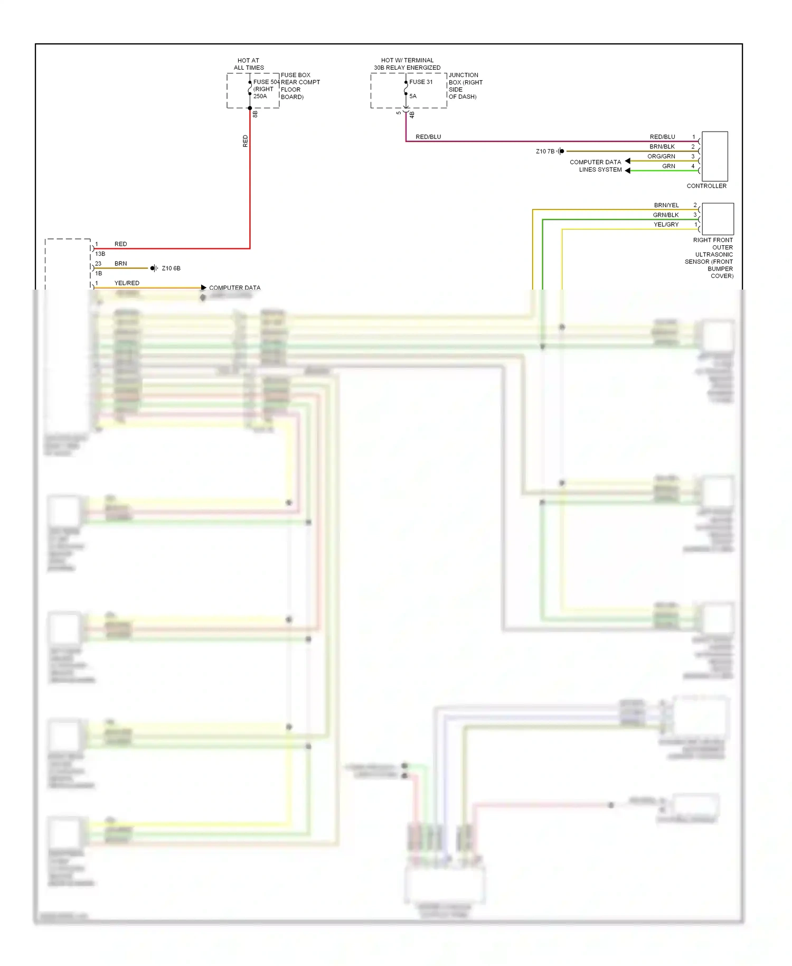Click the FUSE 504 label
(x=266, y=82)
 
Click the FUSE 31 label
(x=421, y=82)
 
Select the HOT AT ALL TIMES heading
(x=249, y=64)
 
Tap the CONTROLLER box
(x=714, y=156)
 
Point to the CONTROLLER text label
(x=706, y=186)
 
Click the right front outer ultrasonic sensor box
(x=718, y=219)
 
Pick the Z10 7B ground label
(x=545, y=152)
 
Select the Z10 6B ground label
(x=171, y=268)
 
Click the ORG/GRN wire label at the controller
(x=661, y=156)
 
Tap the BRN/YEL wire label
(x=666, y=205)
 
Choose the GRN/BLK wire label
(x=666, y=215)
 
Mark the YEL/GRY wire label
(x=666, y=225)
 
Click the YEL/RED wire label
(x=127, y=283)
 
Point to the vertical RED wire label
(x=245, y=141)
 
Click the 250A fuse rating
(x=260, y=96)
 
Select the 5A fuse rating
(x=413, y=96)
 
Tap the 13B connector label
(x=100, y=254)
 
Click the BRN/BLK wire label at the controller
(x=662, y=147)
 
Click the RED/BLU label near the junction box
(x=428, y=137)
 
